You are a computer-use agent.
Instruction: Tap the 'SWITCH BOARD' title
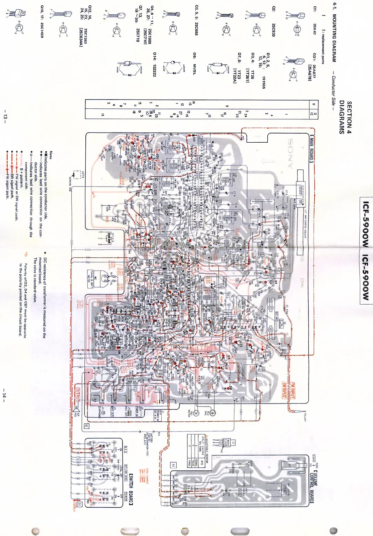tap(131, 489)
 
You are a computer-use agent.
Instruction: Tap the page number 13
tap(5, 115)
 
